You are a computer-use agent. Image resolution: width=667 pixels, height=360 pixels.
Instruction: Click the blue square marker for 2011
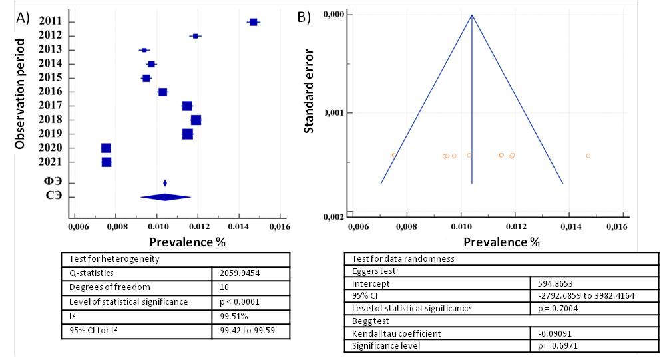253,22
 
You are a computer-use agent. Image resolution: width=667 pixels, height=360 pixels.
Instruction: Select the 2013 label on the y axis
51,50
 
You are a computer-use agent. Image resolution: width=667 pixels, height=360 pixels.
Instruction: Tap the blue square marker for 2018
196,120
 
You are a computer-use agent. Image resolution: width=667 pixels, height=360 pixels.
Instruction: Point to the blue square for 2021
107,162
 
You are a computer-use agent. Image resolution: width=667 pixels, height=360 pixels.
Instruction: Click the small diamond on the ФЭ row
165,183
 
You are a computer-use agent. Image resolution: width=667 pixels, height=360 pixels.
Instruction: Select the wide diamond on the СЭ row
166,196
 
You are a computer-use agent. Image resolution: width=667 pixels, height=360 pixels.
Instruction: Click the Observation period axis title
21,94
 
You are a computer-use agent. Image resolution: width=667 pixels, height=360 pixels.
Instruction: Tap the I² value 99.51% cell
227,316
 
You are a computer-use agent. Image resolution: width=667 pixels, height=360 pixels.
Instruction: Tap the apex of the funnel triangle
472,15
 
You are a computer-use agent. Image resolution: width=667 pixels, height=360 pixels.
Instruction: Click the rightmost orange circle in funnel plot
588,156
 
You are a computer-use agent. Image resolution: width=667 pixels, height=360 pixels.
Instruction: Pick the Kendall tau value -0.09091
553,333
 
